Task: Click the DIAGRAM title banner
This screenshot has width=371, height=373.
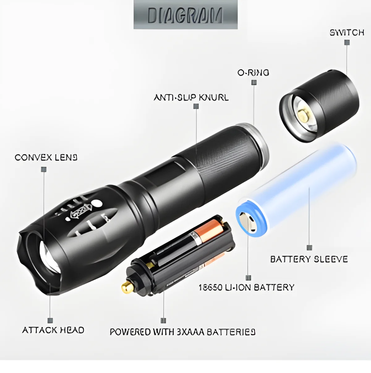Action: (185, 15)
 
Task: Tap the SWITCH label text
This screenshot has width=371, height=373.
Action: (347, 33)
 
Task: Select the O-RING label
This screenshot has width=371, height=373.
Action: (253, 73)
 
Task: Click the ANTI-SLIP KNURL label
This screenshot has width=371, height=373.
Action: (191, 98)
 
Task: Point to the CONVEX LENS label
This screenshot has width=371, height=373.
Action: (46, 157)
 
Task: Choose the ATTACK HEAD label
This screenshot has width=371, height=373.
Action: (53, 330)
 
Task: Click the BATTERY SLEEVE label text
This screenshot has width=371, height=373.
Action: (309, 259)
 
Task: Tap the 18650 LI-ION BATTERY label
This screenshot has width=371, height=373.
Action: (246, 287)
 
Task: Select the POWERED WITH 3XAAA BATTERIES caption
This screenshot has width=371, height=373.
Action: (183, 332)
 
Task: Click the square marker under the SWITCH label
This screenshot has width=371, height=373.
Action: (347, 43)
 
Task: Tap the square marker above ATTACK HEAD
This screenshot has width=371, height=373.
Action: (50, 321)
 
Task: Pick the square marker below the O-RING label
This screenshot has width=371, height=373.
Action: (254, 82)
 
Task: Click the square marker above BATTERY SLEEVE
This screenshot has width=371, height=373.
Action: (309, 248)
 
